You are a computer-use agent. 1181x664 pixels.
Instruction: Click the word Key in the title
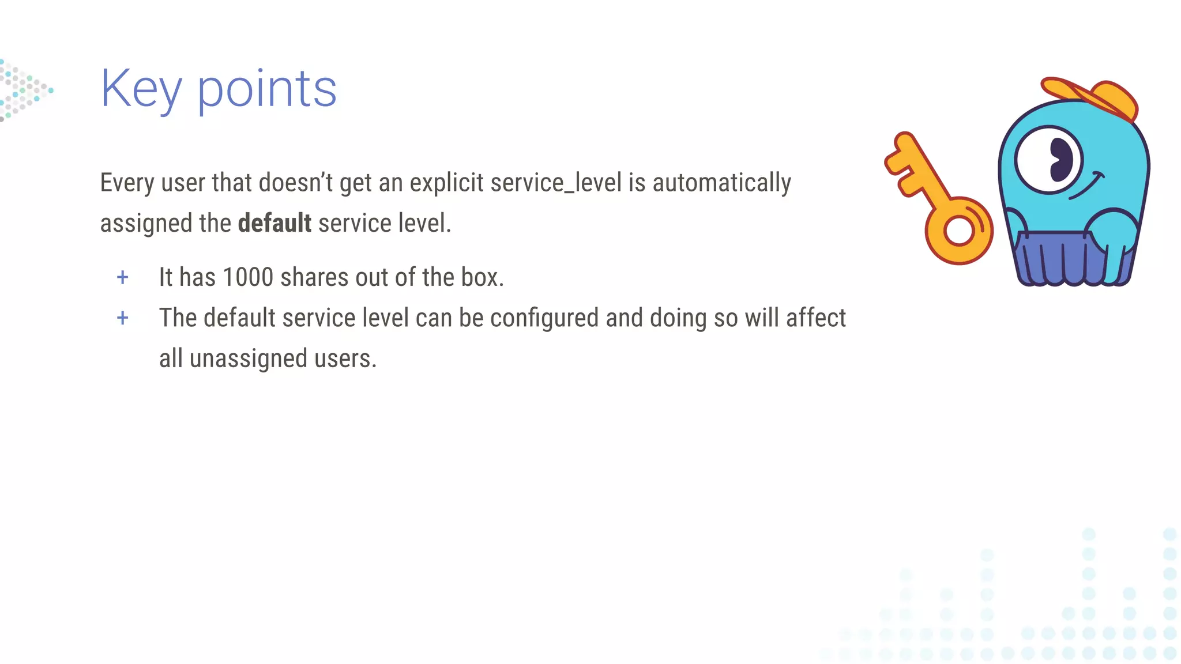tap(141, 89)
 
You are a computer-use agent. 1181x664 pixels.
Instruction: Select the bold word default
tap(274, 223)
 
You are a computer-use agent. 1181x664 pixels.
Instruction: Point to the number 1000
tap(248, 277)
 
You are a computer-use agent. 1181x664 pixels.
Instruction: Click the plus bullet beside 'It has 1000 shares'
tap(122, 278)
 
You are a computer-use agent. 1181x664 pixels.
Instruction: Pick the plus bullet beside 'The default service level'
tap(122, 318)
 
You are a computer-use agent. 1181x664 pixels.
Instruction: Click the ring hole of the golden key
tap(958, 231)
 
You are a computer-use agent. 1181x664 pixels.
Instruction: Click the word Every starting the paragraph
tap(127, 183)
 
